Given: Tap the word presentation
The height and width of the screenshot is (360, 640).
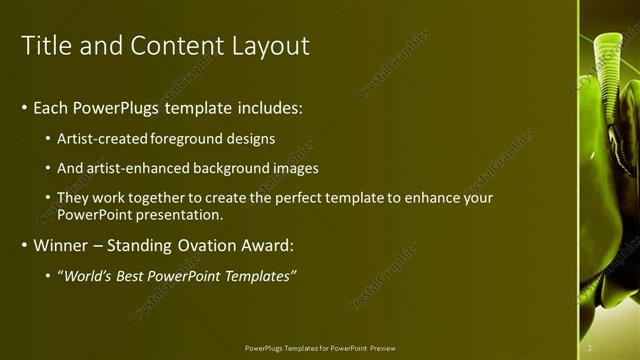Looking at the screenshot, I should [x=182, y=214].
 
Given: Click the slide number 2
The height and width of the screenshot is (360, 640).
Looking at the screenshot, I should [x=590, y=348].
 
